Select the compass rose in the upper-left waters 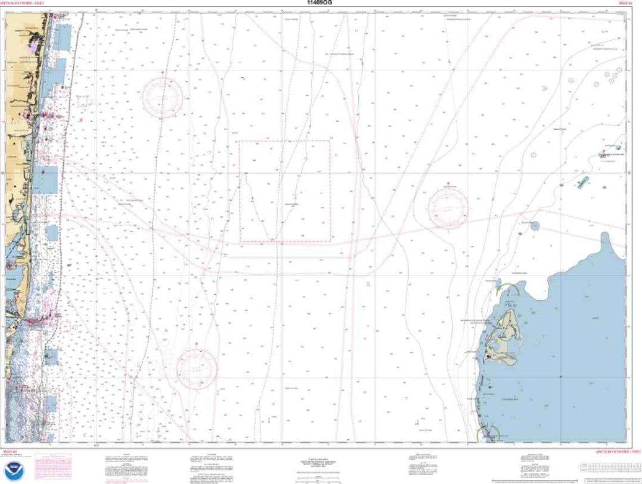162,97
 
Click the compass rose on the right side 448,208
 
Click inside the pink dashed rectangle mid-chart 285,191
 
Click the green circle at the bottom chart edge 488,435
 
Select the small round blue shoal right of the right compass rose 535,226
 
